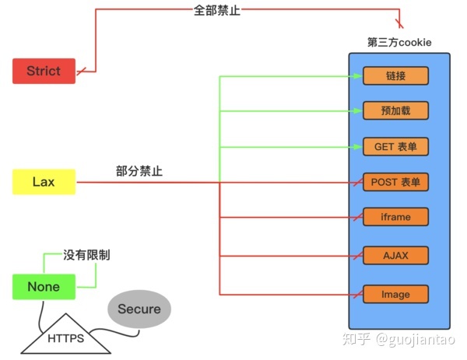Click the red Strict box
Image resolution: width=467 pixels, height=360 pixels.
point(44,71)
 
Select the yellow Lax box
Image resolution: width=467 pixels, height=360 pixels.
point(44,182)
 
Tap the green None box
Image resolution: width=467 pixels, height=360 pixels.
point(44,287)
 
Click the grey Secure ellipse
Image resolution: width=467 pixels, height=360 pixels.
point(139,309)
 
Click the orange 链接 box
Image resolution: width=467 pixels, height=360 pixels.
point(396,75)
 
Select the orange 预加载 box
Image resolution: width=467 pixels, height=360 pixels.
point(396,110)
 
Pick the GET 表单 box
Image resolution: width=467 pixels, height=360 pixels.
point(396,146)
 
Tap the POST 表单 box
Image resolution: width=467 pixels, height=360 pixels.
point(396,182)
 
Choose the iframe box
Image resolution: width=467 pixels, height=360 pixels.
point(396,217)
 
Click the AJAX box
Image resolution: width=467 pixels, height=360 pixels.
point(396,254)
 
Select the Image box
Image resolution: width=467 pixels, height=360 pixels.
point(396,294)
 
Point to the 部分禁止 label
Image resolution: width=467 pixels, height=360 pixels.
point(139,171)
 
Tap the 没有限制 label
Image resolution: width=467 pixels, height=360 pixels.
point(86,254)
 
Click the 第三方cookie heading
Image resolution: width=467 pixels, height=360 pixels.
point(399,42)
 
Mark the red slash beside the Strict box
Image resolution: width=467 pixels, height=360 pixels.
point(81,72)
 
